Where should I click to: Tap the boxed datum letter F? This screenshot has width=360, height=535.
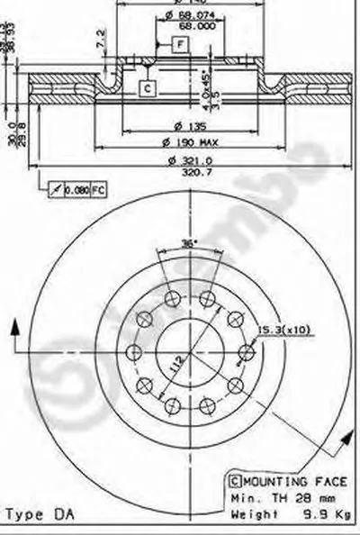pos(180,43)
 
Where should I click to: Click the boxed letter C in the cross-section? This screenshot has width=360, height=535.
pos(146,87)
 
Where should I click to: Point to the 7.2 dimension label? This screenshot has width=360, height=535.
pos(101,40)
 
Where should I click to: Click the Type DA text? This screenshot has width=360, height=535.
pos(40,514)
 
